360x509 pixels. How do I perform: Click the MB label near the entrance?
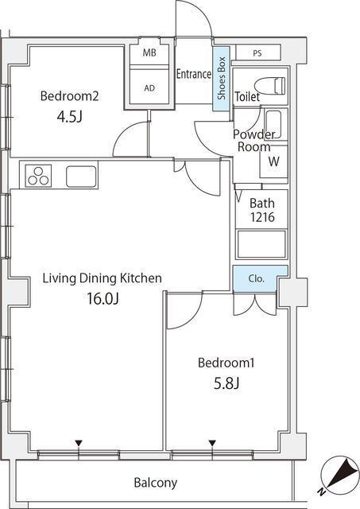[149, 52]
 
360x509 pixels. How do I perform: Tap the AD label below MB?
[149, 88]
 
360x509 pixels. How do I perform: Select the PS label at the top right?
[257, 53]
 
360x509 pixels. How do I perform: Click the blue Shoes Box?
[221, 78]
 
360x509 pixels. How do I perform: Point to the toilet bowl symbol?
[270, 86]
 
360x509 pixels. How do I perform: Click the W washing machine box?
[273, 161]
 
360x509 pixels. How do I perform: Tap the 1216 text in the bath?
[262, 217]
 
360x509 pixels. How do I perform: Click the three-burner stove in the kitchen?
[38, 176]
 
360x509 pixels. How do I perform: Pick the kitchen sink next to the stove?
[81, 177]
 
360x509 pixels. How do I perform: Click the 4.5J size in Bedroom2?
[69, 116]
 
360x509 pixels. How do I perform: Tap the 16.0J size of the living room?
[103, 298]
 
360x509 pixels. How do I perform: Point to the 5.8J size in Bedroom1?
[226, 383]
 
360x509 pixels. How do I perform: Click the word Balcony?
[156, 483]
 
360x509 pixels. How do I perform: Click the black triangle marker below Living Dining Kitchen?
[79, 443]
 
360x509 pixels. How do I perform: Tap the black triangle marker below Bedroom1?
[212, 443]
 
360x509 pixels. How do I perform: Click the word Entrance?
[194, 74]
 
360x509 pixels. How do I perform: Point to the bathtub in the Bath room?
[261, 244]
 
